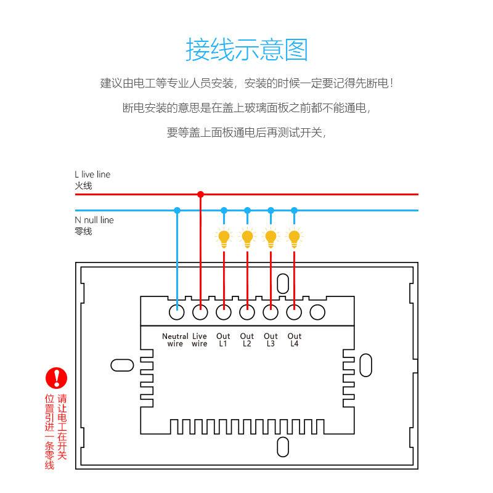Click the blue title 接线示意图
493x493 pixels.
(246, 49)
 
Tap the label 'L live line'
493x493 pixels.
(92, 174)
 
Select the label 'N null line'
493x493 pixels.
(94, 220)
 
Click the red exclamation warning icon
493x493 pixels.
(57, 378)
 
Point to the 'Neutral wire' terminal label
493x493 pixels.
(175, 340)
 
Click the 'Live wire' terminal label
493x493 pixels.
(200, 340)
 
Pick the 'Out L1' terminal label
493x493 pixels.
(223, 340)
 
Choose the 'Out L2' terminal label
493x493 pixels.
(247, 340)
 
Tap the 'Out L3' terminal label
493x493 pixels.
(271, 340)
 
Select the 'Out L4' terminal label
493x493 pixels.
(294, 340)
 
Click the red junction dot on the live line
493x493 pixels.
(200, 194)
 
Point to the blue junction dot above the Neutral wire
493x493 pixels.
(177, 210)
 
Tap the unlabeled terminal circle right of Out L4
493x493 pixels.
(317, 312)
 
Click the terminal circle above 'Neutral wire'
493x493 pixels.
(177, 312)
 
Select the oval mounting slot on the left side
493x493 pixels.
(122, 365)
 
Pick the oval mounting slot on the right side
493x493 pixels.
(365, 364)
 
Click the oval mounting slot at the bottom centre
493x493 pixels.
(283, 447)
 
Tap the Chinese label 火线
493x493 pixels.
(83, 185)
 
